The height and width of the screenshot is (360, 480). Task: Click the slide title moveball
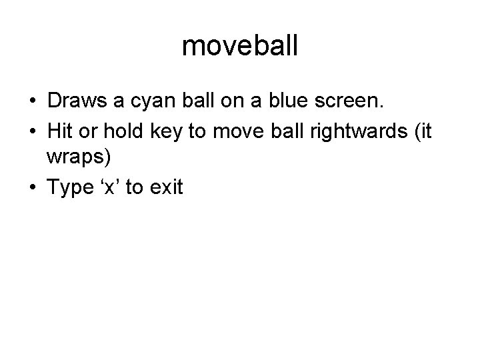[240, 47]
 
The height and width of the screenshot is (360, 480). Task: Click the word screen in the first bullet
[355, 103]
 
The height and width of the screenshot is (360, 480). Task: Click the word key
[161, 131]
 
